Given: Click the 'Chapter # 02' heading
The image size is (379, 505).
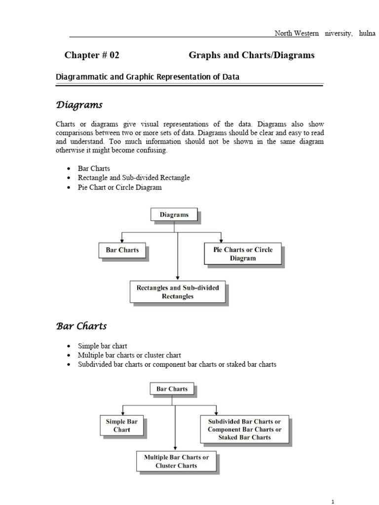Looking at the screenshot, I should pos(92,55).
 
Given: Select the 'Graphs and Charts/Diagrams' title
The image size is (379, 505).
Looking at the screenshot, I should pos(251,55).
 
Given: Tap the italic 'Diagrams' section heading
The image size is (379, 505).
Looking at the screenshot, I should pos(79,105).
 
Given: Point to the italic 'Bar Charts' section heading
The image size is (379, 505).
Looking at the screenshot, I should pos(81,326).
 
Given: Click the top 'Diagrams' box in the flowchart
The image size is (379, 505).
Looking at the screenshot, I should pos(174,215).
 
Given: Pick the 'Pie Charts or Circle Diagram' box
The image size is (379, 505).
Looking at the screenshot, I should pos(243,253).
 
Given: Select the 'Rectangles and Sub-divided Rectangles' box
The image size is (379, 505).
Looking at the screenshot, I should pos(177,291).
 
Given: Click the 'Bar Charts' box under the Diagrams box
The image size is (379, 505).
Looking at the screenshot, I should pos(122,250).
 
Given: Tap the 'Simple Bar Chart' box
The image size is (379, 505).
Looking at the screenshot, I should pos(122,425).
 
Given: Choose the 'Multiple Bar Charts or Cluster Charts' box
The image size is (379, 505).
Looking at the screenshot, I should pos(176,461).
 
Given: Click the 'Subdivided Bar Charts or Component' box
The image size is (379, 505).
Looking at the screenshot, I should pos(244,429).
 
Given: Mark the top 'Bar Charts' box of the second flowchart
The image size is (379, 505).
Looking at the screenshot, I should pos(172,389).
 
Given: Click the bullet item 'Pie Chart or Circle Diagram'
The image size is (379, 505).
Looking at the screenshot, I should pos(119,187).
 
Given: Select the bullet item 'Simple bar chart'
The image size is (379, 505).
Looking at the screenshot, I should pos(102,346).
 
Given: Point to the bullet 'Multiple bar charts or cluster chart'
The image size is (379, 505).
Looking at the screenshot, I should pos(129,355).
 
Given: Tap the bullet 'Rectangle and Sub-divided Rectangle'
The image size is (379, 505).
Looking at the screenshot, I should pos(134,178).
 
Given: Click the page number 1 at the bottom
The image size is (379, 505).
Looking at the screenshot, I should pos(333,501).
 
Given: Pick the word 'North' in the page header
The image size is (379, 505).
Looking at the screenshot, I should pos(284,34).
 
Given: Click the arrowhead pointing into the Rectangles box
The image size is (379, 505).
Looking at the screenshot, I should pos(177,278).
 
